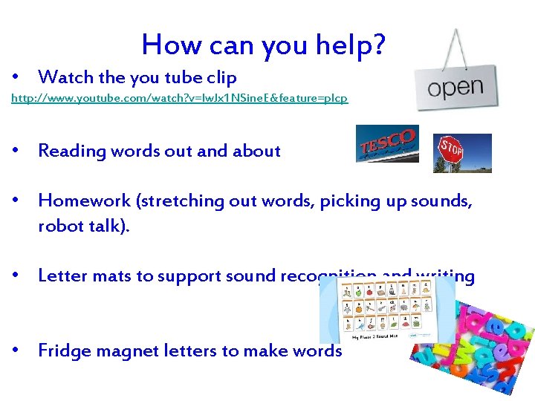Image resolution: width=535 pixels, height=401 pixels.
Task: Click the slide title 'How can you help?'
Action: coord(264,45)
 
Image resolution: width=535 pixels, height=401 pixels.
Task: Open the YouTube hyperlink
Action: coord(179,98)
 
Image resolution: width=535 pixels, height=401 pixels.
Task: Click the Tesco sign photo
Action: coord(387,143)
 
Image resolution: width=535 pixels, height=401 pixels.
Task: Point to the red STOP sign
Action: coord(453,149)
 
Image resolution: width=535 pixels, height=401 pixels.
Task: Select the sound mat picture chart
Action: coord(386,310)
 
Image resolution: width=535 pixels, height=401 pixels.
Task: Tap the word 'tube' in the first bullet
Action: coord(159,77)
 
